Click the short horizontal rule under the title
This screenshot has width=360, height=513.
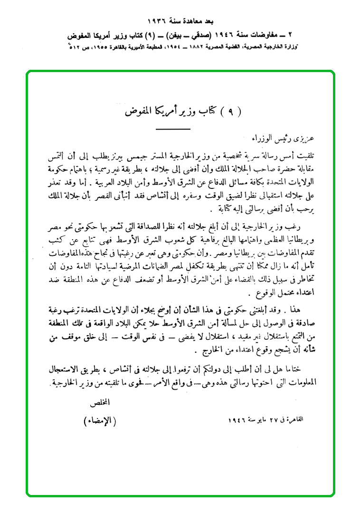point(179,128)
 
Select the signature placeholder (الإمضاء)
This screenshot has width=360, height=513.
point(100,421)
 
